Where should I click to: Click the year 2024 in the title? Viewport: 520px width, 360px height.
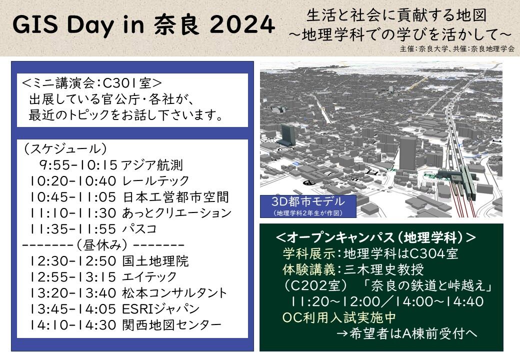click(242, 24)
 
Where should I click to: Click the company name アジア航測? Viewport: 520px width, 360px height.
click(152, 165)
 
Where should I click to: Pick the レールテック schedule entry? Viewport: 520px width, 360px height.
click(155, 181)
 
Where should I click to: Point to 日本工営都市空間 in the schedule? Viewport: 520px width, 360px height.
click(176, 197)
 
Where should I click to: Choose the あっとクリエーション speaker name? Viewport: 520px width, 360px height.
click(177, 213)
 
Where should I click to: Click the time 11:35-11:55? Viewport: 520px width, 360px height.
click(73, 229)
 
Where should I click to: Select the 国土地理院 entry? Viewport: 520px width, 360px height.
click(155, 261)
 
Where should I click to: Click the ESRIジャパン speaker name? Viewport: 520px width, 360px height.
click(161, 309)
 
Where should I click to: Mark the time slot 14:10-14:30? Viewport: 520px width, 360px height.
click(73, 325)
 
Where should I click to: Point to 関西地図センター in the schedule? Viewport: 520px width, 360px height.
click(172, 325)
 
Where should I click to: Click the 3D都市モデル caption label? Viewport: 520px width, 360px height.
click(308, 201)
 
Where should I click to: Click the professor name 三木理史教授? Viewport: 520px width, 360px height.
click(383, 269)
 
